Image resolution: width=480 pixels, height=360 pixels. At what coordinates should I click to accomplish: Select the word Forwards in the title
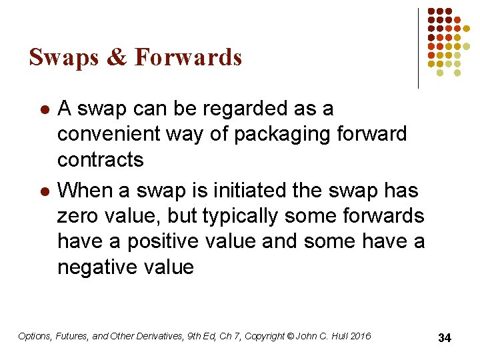[x=188, y=58]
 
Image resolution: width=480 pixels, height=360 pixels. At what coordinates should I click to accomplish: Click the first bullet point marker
[x=44, y=109]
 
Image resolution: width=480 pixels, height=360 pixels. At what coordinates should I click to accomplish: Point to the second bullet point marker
[x=44, y=191]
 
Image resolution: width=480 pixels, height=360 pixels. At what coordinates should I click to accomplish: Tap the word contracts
[x=101, y=160]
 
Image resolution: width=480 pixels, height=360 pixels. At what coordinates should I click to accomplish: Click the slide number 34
[x=445, y=338]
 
